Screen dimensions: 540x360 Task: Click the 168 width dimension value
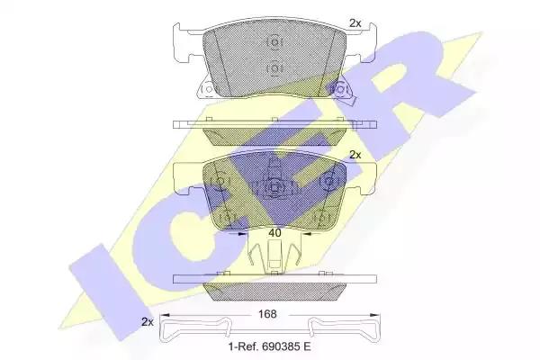(267, 314)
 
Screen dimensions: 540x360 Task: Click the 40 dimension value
(274, 233)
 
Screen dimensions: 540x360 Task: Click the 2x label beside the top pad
(355, 23)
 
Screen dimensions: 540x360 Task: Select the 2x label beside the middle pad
(355, 155)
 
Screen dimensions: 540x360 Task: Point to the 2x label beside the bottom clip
(147, 322)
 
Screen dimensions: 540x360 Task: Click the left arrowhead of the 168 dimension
(166, 315)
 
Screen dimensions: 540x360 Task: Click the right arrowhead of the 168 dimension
(375, 315)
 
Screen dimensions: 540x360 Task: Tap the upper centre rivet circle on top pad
(274, 42)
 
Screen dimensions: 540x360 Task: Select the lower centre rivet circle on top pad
(274, 68)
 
